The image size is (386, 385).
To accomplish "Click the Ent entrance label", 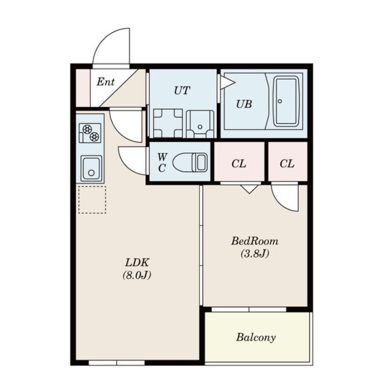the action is [106, 82].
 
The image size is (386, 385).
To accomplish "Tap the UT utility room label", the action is [182, 91].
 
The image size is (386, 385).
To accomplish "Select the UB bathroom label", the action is [244, 104].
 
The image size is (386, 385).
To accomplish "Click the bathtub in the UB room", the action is [286, 101].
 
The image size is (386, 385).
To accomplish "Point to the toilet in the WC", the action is [190, 162].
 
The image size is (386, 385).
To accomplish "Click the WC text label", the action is [162, 162].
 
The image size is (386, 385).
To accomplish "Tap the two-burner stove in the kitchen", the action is [90, 133].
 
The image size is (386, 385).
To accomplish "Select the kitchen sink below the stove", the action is [91, 169].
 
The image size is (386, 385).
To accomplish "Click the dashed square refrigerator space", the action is [92, 199].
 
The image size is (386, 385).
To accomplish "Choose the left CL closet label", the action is [239, 164].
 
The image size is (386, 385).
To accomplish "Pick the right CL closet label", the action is [287, 164].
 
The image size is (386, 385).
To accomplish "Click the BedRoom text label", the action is [255, 241].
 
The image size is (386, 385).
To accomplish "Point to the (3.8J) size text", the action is [255, 253].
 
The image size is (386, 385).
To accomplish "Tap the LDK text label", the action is [137, 262].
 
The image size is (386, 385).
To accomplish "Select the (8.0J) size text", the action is [137, 275].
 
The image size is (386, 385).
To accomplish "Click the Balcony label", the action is [256, 338].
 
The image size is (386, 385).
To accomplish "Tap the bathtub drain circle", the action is [280, 101].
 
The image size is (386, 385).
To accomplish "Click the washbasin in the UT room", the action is [200, 124].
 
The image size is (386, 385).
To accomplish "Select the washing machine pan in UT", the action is [168, 123].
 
